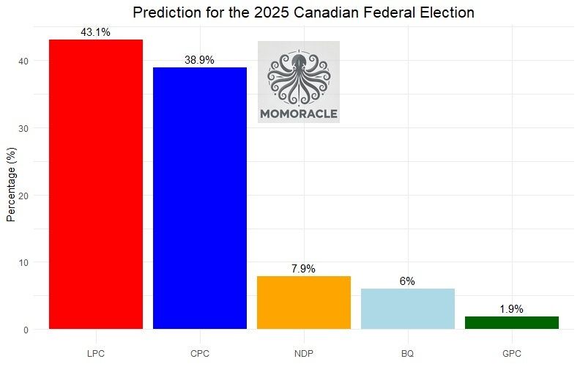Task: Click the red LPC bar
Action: coord(95,184)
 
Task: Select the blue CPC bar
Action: coord(199,198)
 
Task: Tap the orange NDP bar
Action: coord(303,303)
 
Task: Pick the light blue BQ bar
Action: coord(407,308)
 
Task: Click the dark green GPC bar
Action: coord(511,322)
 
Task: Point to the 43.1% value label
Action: coord(95,33)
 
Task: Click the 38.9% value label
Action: coord(199,61)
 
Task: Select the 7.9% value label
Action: coord(303,269)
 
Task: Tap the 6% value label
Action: coord(407,281)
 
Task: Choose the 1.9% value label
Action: coord(511,309)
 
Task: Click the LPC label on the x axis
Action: coord(95,353)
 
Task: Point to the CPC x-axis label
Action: coord(199,353)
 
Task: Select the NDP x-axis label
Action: coord(303,353)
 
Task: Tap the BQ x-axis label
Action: coord(407,353)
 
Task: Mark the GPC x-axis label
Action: coord(511,353)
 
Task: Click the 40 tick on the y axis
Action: coord(25,61)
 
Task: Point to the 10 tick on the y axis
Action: coord(25,262)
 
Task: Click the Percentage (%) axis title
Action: coord(11,183)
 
